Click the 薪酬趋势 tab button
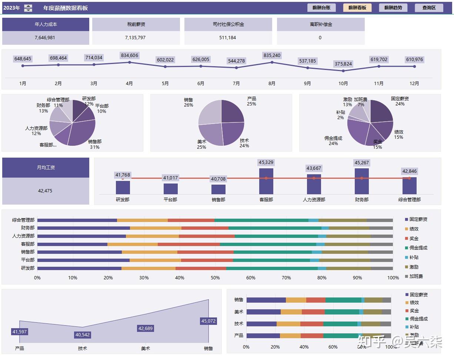click(x=393, y=8)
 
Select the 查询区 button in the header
click(x=429, y=8)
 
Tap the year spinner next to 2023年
click(x=28, y=8)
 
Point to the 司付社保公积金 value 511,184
click(x=227, y=38)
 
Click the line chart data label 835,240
click(x=272, y=55)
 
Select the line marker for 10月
click(x=343, y=71)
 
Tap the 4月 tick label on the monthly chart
click(x=129, y=84)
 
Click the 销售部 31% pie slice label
click(x=95, y=144)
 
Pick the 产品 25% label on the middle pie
click(x=252, y=101)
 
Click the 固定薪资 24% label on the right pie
click(x=400, y=101)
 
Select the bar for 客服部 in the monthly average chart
click(x=266, y=181)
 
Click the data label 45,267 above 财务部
click(x=362, y=163)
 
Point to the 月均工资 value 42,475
click(x=45, y=191)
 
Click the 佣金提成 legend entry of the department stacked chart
click(x=418, y=248)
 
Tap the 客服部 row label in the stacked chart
click(x=28, y=244)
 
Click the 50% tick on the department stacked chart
click(x=215, y=278)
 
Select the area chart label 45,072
click(x=208, y=321)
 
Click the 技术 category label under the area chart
click(x=83, y=349)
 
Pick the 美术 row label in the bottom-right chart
click(x=238, y=312)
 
